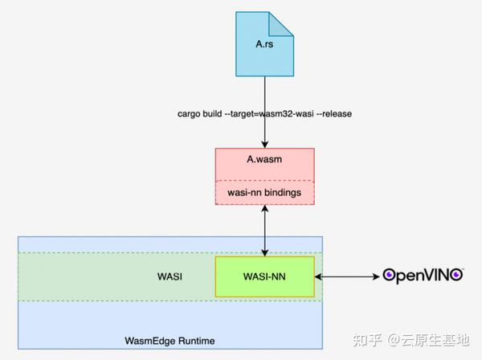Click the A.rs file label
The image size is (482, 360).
[x=264, y=44]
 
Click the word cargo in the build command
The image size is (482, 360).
[x=190, y=114]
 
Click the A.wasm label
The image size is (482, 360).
[x=264, y=160]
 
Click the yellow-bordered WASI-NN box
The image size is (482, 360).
[x=265, y=276]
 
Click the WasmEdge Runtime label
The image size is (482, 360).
[x=170, y=342]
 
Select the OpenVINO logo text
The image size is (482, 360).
[x=423, y=276]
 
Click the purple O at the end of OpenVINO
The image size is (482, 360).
[x=456, y=276]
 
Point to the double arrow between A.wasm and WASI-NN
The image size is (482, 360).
[x=265, y=230]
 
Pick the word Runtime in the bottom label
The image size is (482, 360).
[x=198, y=342]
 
